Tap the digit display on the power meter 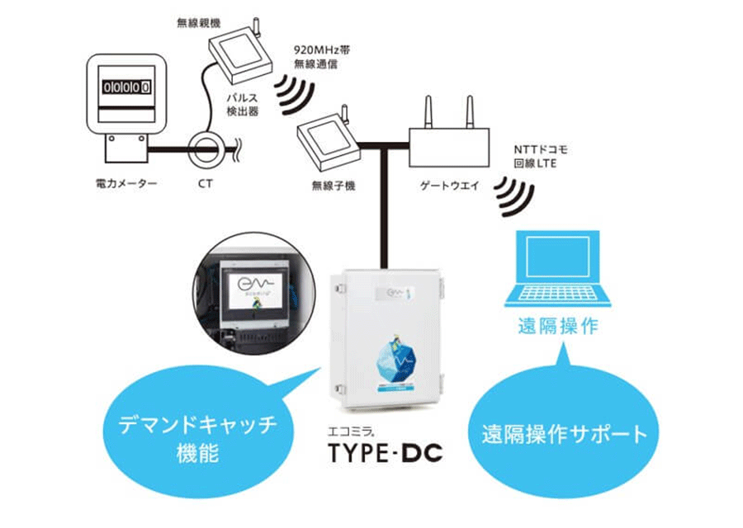click(x=125, y=85)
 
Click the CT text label click(x=205, y=184)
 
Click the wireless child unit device click(x=325, y=135)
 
